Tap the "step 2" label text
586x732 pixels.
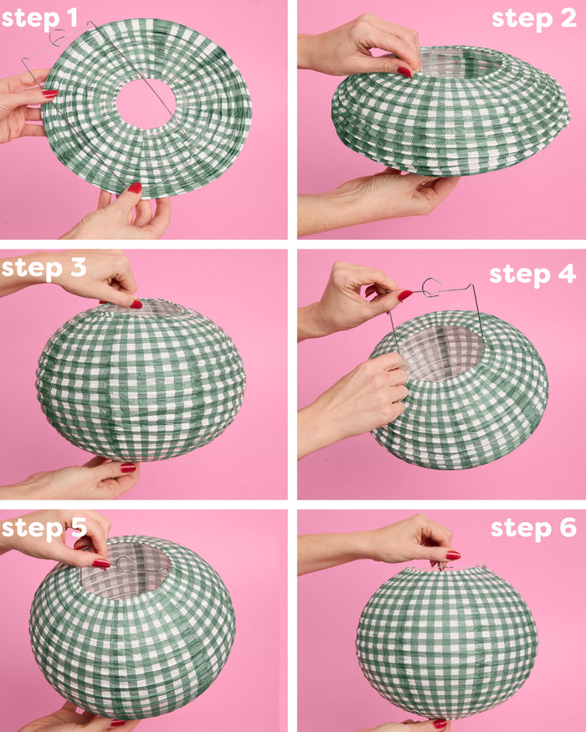[x=532, y=18]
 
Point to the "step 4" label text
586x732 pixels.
[x=532, y=274]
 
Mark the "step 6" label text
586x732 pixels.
[x=532, y=528]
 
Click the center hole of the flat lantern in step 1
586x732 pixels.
[x=146, y=104]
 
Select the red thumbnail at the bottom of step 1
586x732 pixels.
[x=133, y=188]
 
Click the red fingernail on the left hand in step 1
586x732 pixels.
[x=49, y=95]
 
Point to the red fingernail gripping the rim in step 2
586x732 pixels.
[x=405, y=72]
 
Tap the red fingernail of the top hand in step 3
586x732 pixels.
[x=135, y=304]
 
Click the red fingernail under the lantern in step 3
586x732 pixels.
[x=127, y=468]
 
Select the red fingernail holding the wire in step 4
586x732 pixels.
[x=404, y=295]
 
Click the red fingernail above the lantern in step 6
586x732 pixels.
[x=452, y=555]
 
